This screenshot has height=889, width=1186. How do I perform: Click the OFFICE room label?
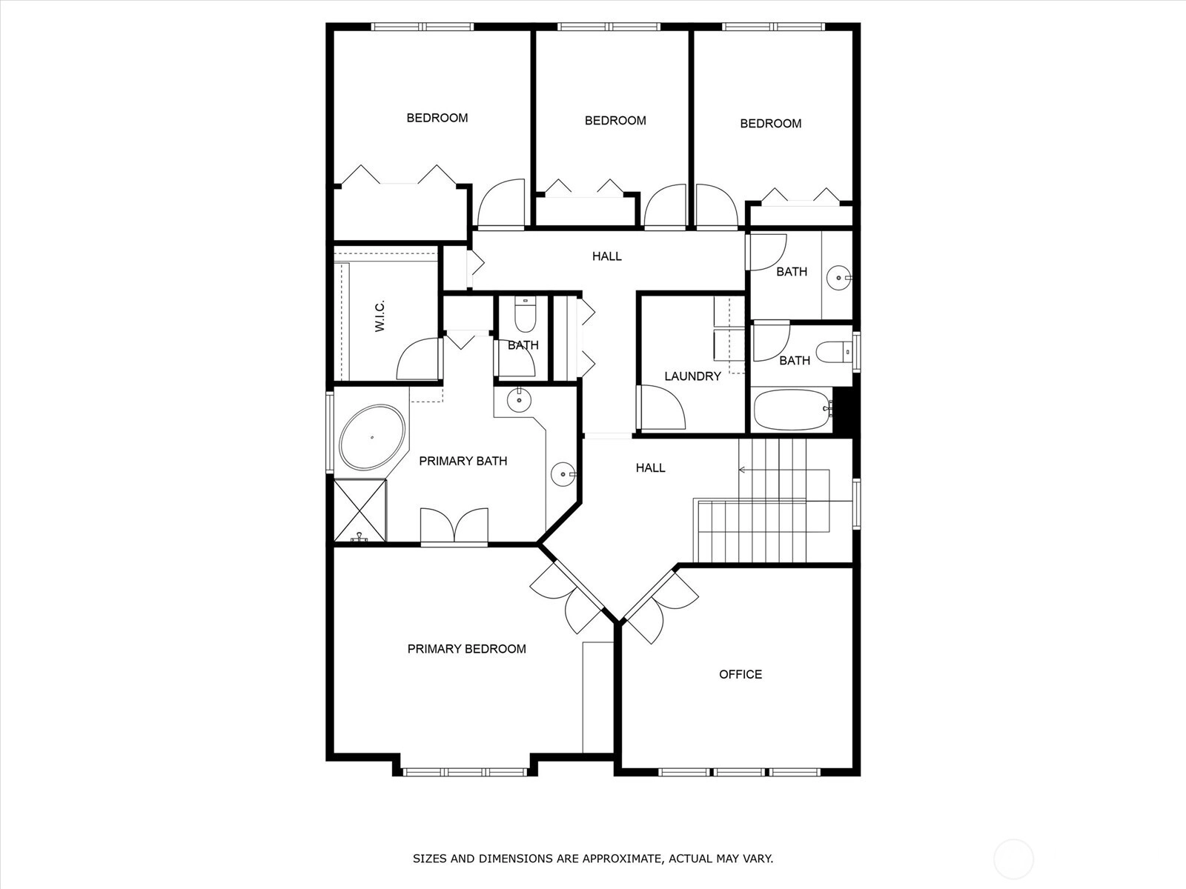click(x=741, y=674)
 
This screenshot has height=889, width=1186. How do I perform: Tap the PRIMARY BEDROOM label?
click(x=466, y=649)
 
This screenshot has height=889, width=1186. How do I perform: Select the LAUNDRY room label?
click(x=692, y=376)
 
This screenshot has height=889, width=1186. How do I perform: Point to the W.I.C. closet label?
click(x=380, y=316)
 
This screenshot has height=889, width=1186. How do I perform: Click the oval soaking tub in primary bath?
click(x=372, y=437)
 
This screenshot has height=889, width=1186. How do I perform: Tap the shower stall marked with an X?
click(x=360, y=510)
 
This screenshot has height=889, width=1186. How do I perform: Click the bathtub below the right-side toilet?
click(x=792, y=410)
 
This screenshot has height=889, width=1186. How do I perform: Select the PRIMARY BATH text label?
click(x=463, y=461)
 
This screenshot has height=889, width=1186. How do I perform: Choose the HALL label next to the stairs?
click(x=650, y=468)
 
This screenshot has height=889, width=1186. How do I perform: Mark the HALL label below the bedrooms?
click(x=607, y=256)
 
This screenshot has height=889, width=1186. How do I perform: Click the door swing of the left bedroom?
click(x=501, y=202)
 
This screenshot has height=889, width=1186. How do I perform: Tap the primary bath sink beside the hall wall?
click(x=563, y=474)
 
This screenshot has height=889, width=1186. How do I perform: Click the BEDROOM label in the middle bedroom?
click(x=615, y=120)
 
